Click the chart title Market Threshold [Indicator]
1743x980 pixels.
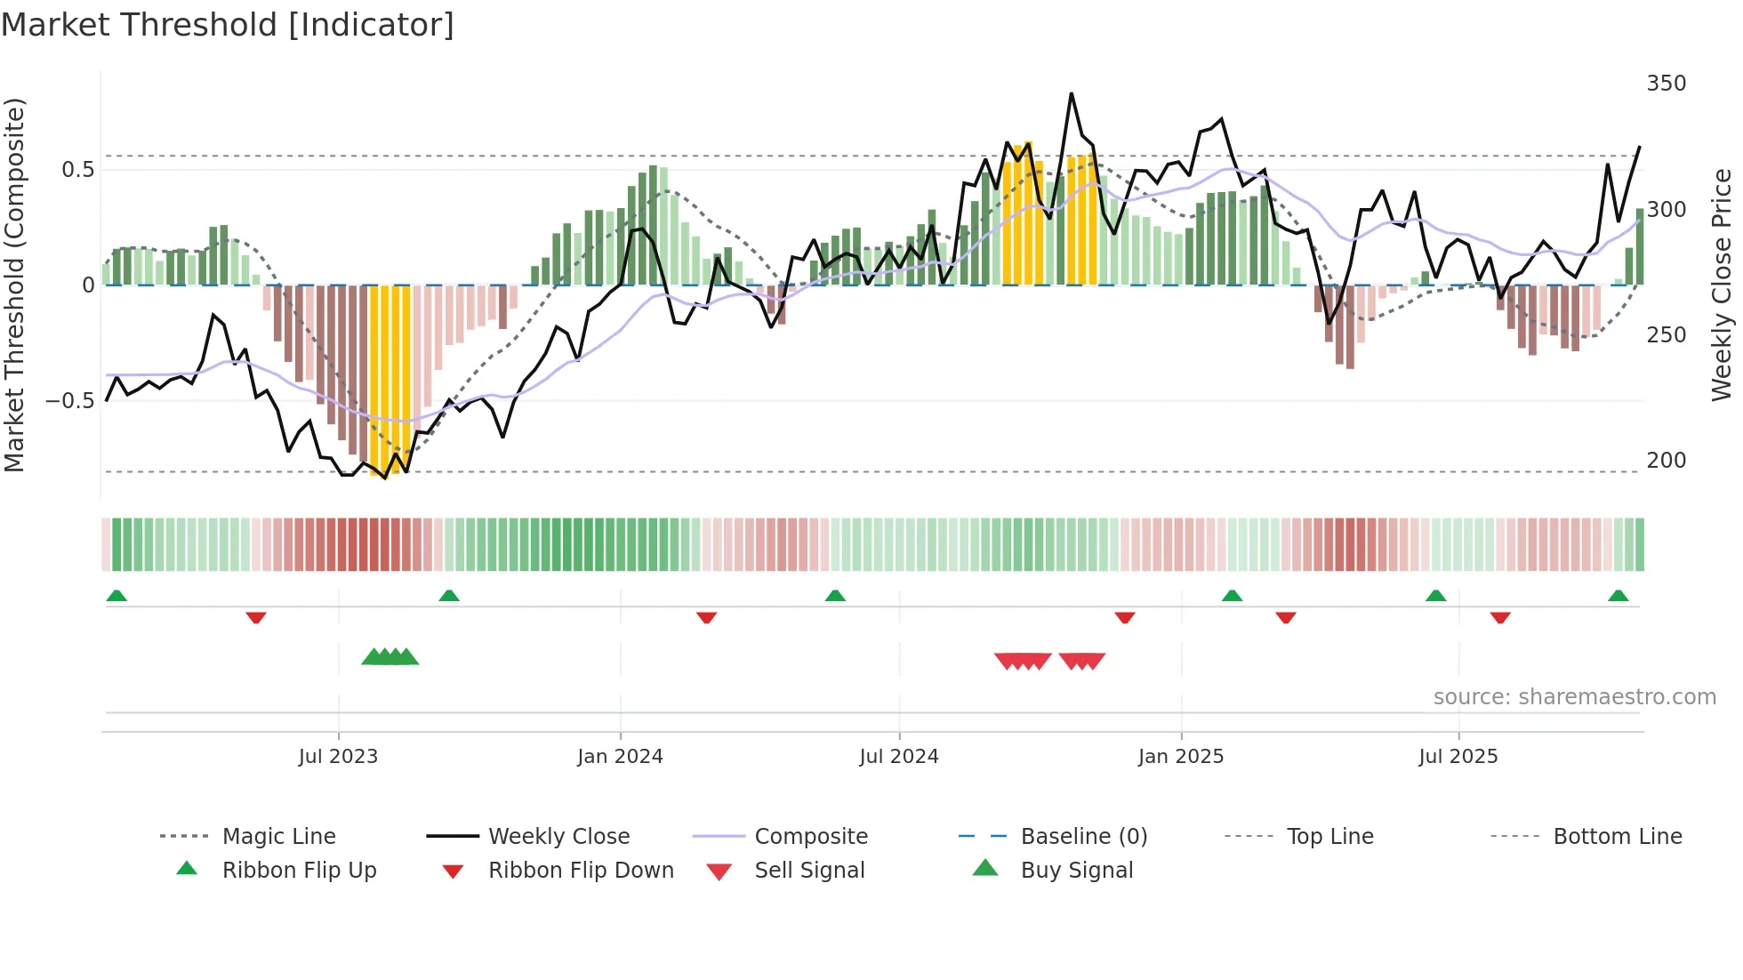(x=228, y=25)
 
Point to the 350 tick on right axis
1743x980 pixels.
(x=1666, y=84)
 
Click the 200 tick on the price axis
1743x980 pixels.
(x=1666, y=461)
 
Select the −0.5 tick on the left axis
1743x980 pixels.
(x=70, y=401)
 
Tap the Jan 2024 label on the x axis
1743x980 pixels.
(x=620, y=757)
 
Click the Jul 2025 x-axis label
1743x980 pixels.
(x=1458, y=757)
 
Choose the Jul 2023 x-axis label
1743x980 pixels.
(x=338, y=757)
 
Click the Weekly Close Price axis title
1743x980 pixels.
(x=1722, y=285)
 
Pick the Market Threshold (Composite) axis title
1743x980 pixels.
(x=15, y=285)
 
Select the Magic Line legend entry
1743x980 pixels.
(x=278, y=837)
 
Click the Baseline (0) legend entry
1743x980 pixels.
(x=1083, y=837)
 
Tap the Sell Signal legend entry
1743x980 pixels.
(x=808, y=871)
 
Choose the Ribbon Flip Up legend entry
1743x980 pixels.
(x=299, y=871)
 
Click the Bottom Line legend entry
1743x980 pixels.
(x=1617, y=837)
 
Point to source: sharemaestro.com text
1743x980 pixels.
(x=1574, y=697)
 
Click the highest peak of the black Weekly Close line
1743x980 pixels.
(x=1072, y=93)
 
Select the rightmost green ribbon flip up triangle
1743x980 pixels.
(x=1618, y=596)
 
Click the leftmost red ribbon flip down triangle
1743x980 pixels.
(x=256, y=617)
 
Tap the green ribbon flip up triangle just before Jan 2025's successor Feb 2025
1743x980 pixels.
(x=1232, y=596)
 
